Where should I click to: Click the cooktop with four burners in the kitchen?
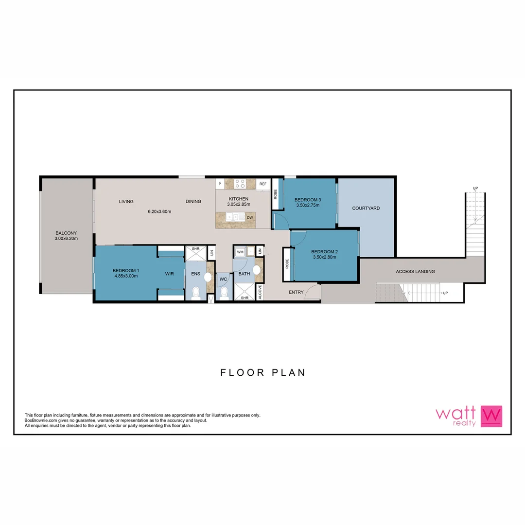tap(240, 184)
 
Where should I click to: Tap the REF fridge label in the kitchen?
tap(263, 184)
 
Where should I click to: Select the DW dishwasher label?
tap(249, 218)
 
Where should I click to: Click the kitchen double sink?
tap(235, 217)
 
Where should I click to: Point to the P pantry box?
tap(220, 184)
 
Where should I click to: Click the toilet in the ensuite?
tap(196, 293)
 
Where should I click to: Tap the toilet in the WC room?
tap(224, 293)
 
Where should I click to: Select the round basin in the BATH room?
tap(257, 270)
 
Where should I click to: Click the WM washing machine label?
tap(240, 252)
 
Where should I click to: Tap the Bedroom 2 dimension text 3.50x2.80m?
tap(324, 258)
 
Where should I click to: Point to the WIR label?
tap(169, 274)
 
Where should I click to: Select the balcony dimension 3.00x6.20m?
tap(66, 238)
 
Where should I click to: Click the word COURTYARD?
tap(366, 208)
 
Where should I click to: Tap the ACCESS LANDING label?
tap(415, 271)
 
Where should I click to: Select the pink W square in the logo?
tap(491, 416)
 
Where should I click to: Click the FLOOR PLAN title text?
tap(262, 373)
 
